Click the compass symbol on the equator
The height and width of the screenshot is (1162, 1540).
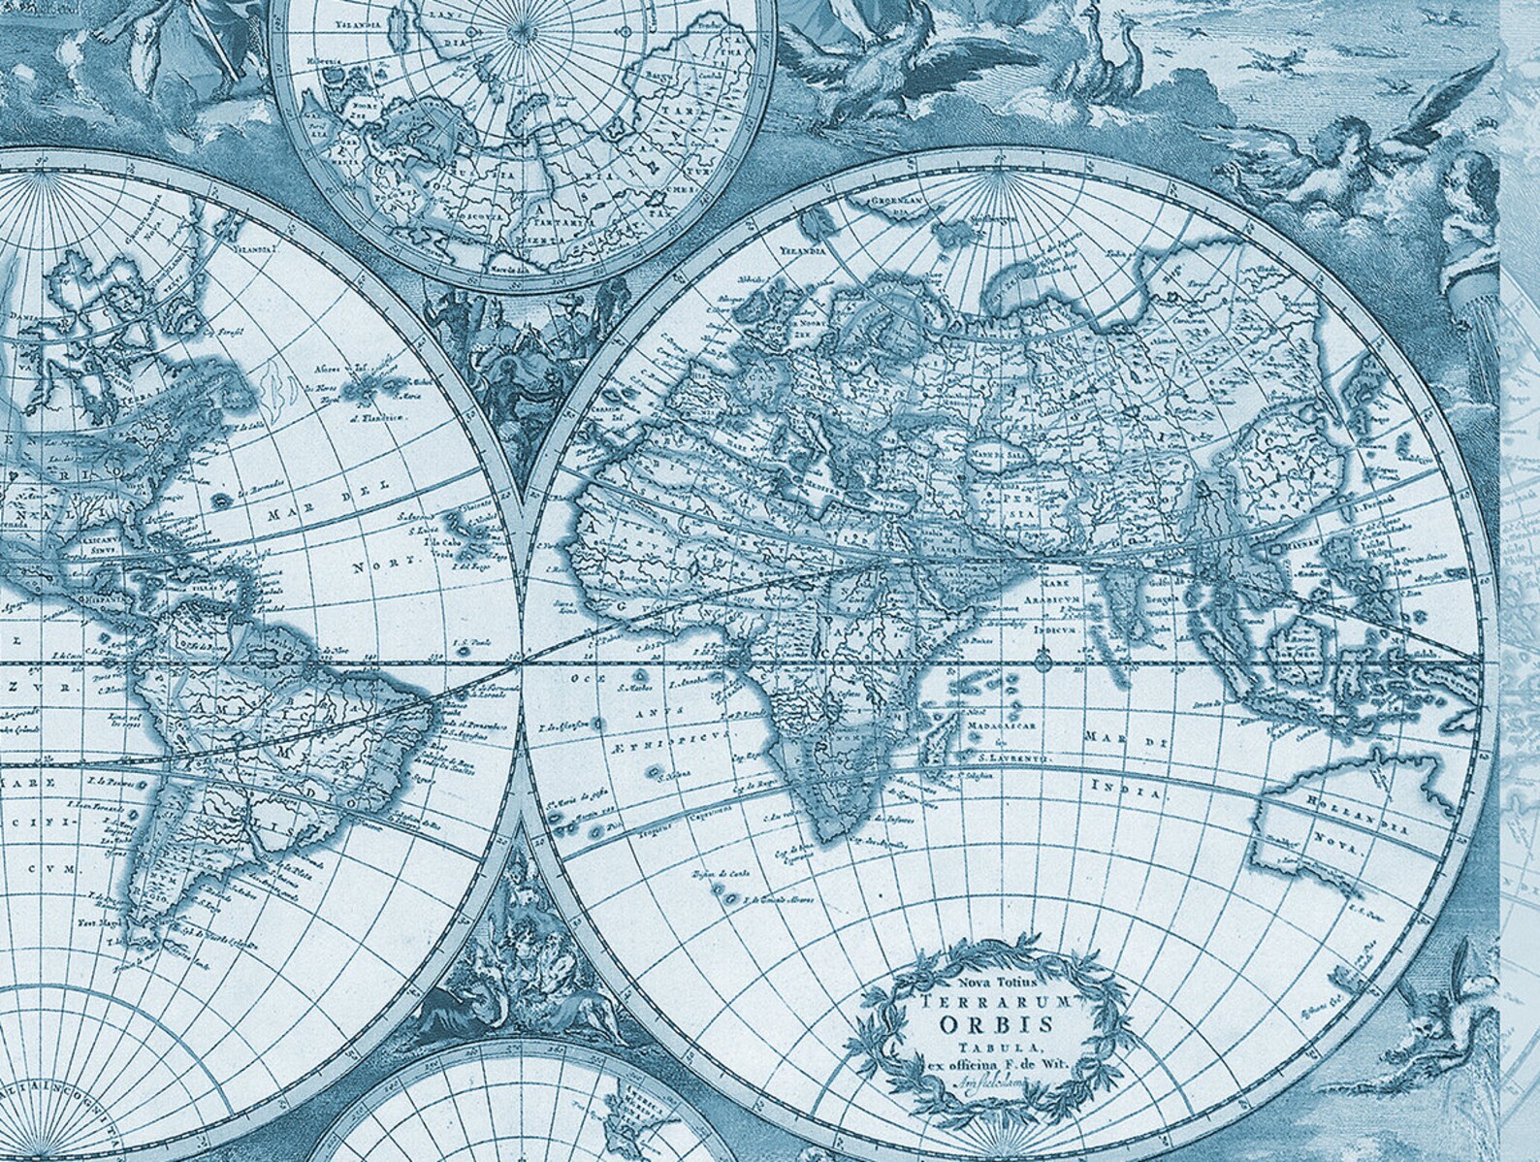tap(1043, 663)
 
